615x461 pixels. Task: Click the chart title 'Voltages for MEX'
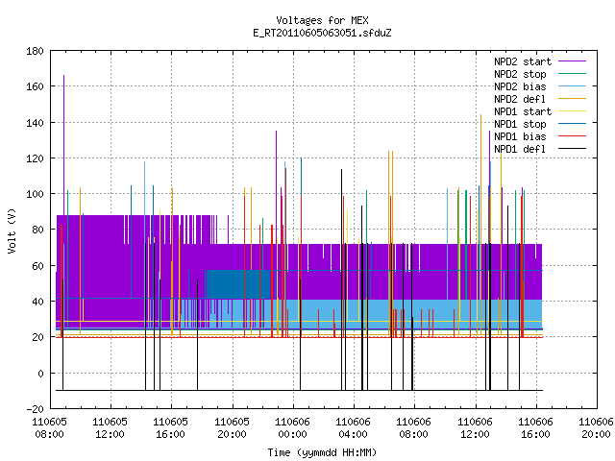pos(322,20)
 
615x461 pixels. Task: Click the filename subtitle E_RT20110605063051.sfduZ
pos(322,33)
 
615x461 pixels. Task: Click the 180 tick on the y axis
pos(35,51)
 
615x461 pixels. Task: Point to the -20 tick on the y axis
pos(35,409)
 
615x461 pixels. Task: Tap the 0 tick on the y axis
pos(40,374)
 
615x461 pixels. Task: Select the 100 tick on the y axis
pos(35,194)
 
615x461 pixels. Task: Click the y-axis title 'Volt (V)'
pos(12,230)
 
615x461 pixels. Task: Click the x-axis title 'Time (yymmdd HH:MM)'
pos(322,452)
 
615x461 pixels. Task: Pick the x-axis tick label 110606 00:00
pos(292,428)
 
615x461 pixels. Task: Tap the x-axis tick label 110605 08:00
pos(49,428)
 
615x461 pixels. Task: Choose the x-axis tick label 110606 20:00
pos(596,428)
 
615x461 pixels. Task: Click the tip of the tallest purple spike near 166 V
pos(64,75)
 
